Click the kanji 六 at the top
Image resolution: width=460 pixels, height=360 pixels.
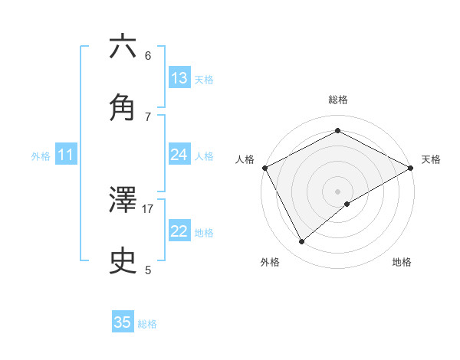tap(123, 47)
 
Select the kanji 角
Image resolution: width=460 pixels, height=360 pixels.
tap(123, 107)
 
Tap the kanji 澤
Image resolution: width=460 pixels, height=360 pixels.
tap(123, 201)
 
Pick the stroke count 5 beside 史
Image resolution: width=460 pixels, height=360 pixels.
tap(148, 270)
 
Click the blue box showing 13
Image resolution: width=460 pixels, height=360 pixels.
tap(179, 78)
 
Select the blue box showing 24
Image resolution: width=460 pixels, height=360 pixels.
tap(179, 155)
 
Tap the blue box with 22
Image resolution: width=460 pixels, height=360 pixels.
tap(179, 231)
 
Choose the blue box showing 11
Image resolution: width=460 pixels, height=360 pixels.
tap(65, 155)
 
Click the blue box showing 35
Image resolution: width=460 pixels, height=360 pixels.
tap(123, 322)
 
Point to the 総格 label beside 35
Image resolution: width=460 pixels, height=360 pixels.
tap(147, 324)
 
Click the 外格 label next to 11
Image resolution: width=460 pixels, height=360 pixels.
tap(41, 156)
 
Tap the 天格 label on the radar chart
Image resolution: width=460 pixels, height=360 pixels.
tap(431, 159)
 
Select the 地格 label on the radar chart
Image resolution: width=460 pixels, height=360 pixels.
tap(402, 263)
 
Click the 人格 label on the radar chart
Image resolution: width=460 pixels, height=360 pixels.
tap(245, 159)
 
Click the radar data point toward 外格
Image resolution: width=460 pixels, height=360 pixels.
tap(302, 242)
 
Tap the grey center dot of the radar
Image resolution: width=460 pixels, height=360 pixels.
tap(337, 191)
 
